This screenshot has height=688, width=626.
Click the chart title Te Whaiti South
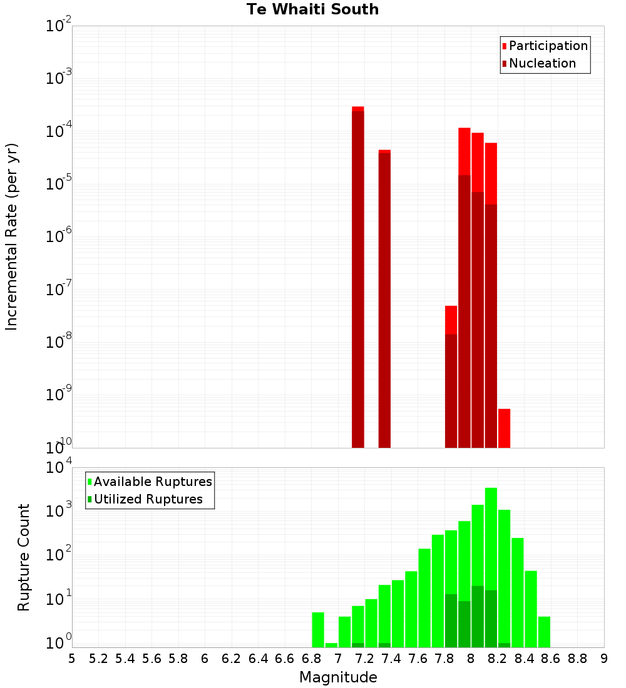pyautogui.click(x=312, y=9)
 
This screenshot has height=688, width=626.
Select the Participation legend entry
pyautogui.click(x=548, y=46)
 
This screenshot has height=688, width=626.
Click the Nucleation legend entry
pyautogui.click(x=541, y=63)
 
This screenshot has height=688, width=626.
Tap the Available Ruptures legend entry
pyautogui.click(x=152, y=482)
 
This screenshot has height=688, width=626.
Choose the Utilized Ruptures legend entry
pyautogui.click(x=148, y=499)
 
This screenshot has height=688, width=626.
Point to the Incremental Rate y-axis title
pyautogui.click(x=12, y=236)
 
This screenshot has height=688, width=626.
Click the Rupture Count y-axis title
pyautogui.click(x=24, y=557)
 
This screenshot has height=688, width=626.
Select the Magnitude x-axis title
pyautogui.click(x=338, y=677)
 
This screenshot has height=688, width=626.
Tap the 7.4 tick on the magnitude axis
pyautogui.click(x=391, y=658)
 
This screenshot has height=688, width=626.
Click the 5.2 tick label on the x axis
pyautogui.click(x=98, y=658)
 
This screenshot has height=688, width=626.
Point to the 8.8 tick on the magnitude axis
pyautogui.click(x=577, y=658)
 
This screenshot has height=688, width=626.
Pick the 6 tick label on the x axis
pyautogui.click(x=205, y=658)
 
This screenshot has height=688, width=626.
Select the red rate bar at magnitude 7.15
pyautogui.click(x=358, y=275)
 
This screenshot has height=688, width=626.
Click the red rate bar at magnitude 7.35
pyautogui.click(x=384, y=300)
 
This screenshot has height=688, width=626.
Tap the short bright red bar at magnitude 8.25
pyautogui.click(x=504, y=428)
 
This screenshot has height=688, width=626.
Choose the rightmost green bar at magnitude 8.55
pyautogui.click(x=544, y=632)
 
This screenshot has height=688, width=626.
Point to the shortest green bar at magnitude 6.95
pyautogui.click(x=331, y=645)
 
